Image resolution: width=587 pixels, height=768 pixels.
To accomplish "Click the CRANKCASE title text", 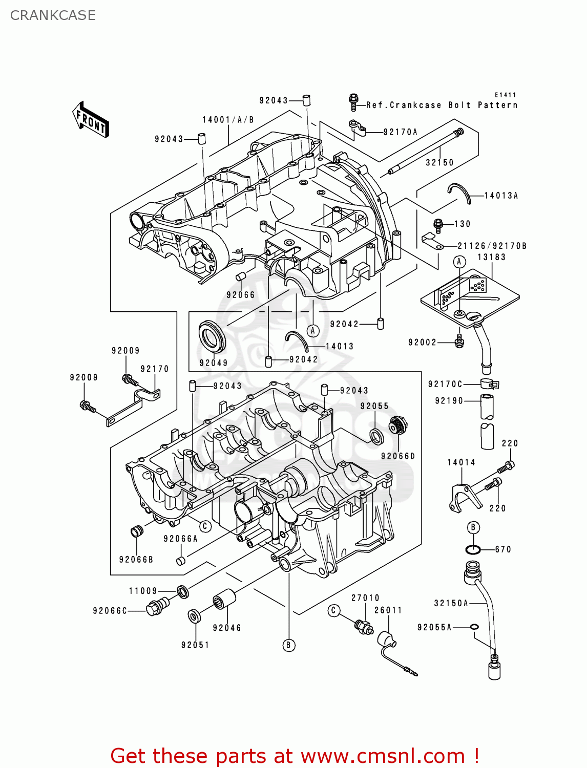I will pyautogui.click(x=53, y=15).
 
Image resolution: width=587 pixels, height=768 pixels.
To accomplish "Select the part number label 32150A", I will pyautogui.click(x=451, y=603).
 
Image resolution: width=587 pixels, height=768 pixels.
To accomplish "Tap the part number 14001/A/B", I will pyautogui.click(x=228, y=120).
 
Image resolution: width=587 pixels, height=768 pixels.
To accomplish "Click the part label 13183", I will pyautogui.click(x=491, y=257).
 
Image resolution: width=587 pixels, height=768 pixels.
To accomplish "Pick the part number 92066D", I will pyautogui.click(x=398, y=456).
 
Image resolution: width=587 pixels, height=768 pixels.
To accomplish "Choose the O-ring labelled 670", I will pyautogui.click(x=473, y=550).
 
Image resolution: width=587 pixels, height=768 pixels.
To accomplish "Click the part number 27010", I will pyautogui.click(x=365, y=598).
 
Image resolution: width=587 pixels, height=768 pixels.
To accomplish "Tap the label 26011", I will pyautogui.click(x=388, y=610).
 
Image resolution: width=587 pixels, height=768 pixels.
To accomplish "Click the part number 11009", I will pyautogui.click(x=143, y=591).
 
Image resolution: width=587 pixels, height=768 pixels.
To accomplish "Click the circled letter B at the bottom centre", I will pyautogui.click(x=288, y=645).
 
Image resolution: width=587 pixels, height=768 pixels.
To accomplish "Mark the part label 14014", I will pyautogui.click(x=461, y=462).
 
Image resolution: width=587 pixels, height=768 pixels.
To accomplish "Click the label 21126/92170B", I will pyautogui.click(x=492, y=246).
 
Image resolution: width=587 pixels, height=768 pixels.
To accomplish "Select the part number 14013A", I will pyautogui.click(x=501, y=196).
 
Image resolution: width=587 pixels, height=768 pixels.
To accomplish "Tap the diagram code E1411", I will pyautogui.click(x=505, y=95).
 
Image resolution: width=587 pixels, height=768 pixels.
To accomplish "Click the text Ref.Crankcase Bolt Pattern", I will pyautogui.click(x=442, y=105).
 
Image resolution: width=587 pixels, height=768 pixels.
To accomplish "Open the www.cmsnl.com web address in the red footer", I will pyautogui.click(x=382, y=756).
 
